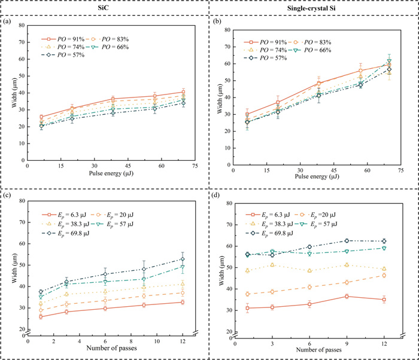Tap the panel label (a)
[x=8, y=22]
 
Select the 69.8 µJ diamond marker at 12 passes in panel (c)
[x=183, y=259]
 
